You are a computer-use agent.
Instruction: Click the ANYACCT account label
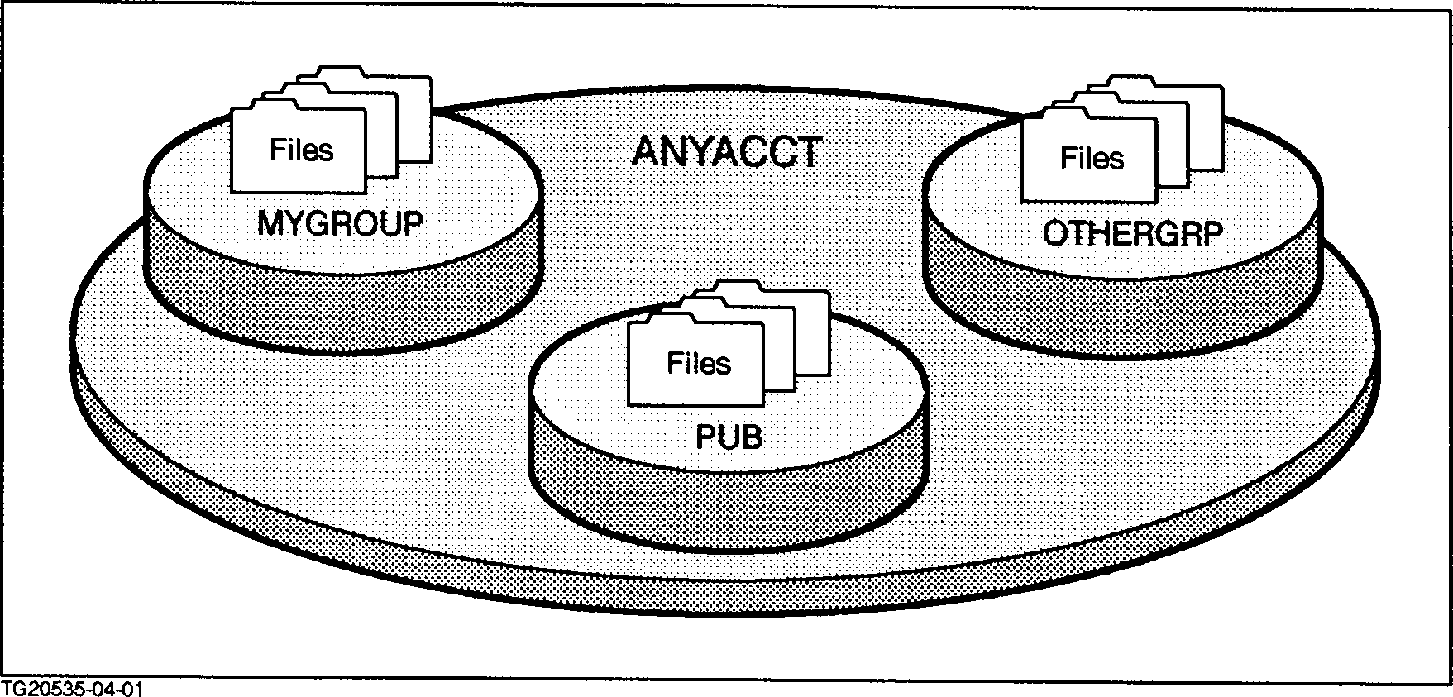(x=725, y=152)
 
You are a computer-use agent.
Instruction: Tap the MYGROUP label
(x=339, y=223)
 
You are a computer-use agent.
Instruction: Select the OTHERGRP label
(x=1131, y=235)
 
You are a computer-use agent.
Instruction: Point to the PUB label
(x=728, y=436)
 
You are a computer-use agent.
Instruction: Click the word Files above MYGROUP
(x=302, y=150)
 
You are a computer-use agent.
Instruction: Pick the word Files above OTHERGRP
(x=1092, y=158)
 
